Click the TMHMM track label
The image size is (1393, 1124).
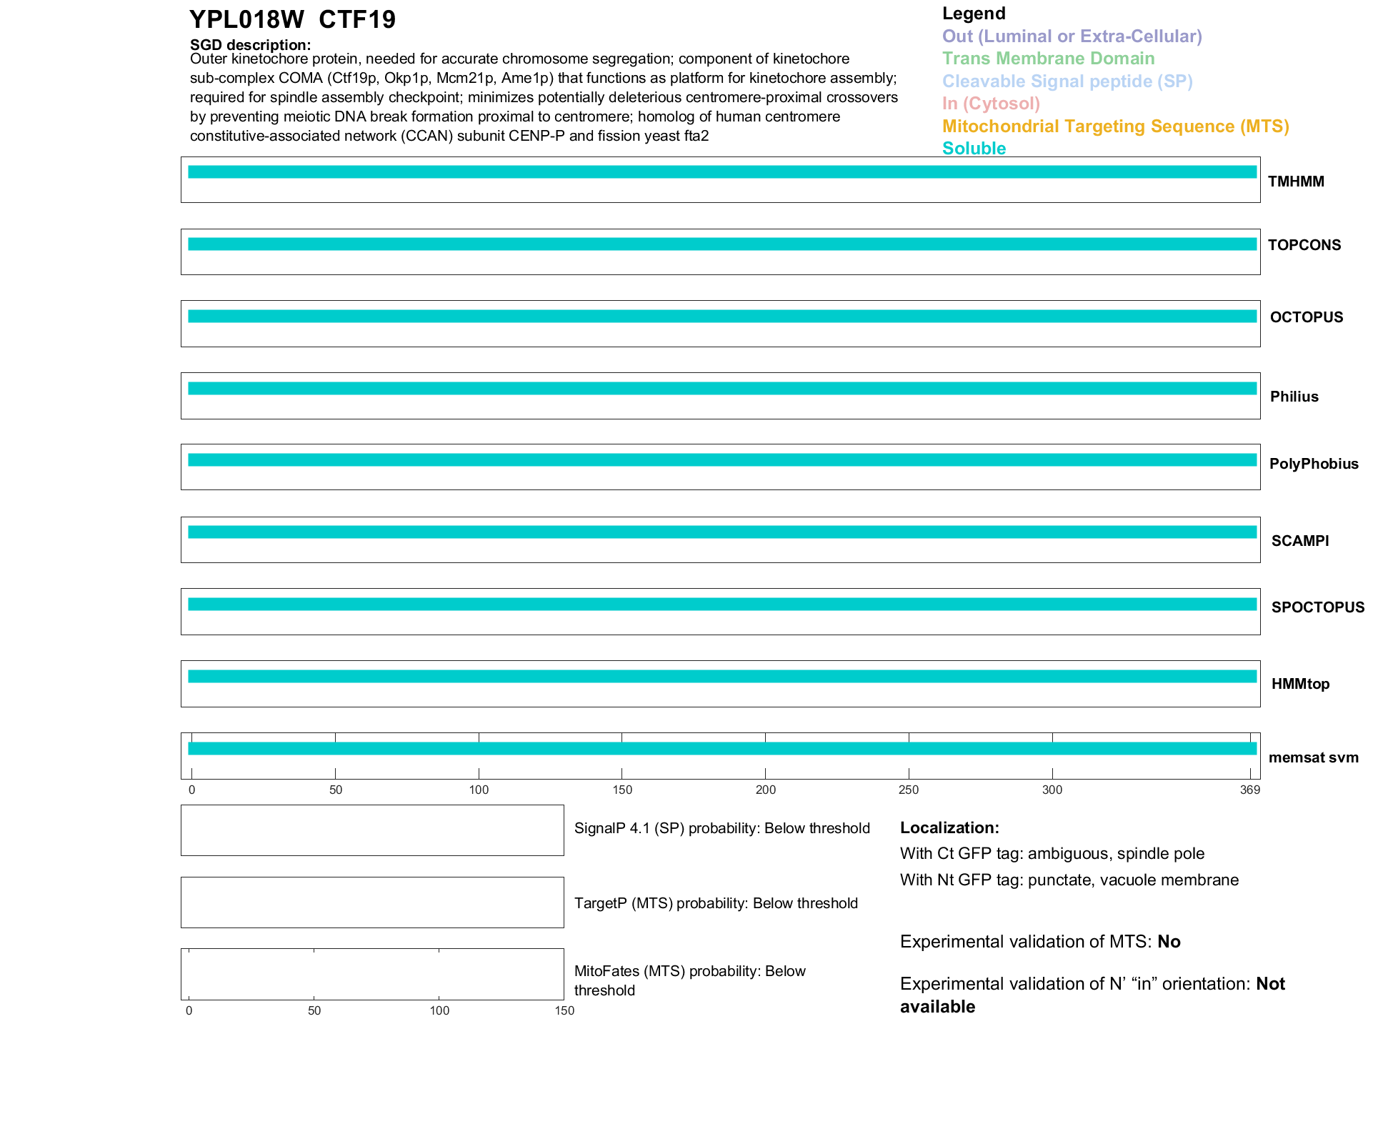click(x=1295, y=181)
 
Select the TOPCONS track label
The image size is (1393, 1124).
click(x=1304, y=245)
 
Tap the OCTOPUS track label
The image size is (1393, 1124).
click(x=1306, y=317)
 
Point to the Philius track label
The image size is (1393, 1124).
click(x=1294, y=397)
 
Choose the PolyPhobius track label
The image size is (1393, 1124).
click(x=1313, y=464)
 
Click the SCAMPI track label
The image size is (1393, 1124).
click(x=1299, y=541)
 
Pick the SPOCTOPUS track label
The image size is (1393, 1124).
click(x=1317, y=607)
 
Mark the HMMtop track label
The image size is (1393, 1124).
click(x=1300, y=684)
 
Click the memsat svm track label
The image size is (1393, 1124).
click(x=1313, y=757)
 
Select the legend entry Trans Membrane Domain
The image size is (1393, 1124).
click(x=1048, y=59)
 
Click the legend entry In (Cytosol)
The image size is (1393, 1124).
click(x=991, y=104)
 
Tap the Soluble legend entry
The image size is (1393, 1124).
click(x=974, y=149)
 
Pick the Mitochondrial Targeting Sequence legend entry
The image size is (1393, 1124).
click(x=1115, y=126)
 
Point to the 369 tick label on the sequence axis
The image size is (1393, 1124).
click(x=1249, y=790)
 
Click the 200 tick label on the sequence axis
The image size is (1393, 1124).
click(x=765, y=790)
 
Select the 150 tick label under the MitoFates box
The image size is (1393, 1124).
click(x=564, y=1011)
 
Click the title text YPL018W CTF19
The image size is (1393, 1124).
click(x=292, y=19)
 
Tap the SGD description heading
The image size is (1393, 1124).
click(x=250, y=45)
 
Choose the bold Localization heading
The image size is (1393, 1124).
click(x=949, y=828)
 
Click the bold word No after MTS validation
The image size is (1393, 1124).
click(x=1169, y=942)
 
